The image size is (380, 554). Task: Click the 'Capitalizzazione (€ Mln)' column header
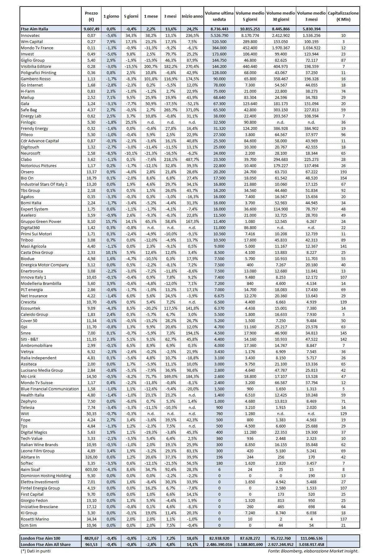343,16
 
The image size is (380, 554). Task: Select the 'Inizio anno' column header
192,16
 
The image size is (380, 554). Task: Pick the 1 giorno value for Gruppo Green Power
111,221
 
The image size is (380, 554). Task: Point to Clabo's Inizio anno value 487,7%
192,159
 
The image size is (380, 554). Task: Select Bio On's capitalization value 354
343,178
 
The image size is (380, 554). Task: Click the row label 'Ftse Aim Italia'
34,29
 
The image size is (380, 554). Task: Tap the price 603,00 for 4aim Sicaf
91,469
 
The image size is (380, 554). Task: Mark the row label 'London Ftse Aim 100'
40,538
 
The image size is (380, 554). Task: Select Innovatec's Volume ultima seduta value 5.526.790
219,35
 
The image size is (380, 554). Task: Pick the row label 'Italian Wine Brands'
39,445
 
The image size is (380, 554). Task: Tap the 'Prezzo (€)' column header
91,16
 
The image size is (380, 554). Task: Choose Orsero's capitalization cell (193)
343,172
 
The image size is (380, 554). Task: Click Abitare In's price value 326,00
91,457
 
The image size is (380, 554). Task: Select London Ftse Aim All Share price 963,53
91,544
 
